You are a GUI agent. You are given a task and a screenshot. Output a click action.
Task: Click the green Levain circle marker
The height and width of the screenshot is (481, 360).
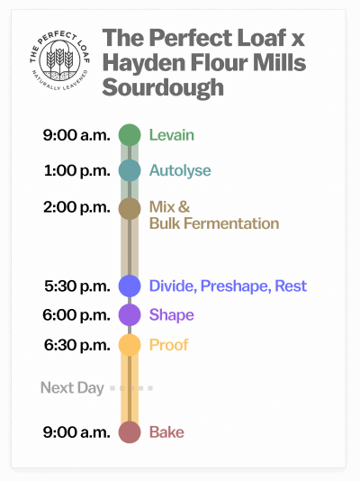point(130,135)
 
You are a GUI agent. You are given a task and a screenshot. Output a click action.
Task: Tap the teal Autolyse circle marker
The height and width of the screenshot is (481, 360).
point(130,170)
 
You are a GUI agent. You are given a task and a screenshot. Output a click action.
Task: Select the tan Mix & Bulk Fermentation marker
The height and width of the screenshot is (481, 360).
point(130,208)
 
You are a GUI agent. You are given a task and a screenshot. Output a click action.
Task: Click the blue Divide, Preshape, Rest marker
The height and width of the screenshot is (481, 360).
point(130,286)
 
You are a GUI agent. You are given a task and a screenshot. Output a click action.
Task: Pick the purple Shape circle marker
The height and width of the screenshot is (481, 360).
point(130,315)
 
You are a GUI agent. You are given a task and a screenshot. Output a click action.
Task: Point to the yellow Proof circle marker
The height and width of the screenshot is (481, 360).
point(130,345)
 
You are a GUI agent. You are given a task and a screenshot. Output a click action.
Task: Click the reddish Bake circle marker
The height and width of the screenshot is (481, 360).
point(130,432)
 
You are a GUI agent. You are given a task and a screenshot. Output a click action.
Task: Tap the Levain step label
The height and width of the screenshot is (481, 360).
point(172,135)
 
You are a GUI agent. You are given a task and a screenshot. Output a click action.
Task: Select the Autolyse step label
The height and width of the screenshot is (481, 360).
point(180,170)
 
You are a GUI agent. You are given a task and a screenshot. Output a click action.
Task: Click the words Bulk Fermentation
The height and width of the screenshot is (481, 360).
point(214,223)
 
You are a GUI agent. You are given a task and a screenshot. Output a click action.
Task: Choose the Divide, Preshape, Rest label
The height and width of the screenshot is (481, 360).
point(228,286)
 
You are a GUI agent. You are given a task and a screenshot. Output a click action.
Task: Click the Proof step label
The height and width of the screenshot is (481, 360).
point(169,345)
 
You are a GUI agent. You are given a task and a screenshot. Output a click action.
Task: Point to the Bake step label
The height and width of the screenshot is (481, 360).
point(166,432)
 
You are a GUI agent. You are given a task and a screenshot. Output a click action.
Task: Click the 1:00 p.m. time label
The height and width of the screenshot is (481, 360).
point(76,170)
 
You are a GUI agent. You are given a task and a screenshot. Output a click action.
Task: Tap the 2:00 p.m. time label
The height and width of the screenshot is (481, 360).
point(76,207)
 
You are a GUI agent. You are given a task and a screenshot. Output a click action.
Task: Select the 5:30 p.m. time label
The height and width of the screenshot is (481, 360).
point(76,286)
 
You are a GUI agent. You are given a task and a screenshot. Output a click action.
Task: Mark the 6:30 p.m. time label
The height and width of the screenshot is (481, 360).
point(76,345)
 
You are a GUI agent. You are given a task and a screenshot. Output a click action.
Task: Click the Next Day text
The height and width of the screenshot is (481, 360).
point(72,388)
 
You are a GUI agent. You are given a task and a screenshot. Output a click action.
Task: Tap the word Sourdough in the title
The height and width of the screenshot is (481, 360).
point(163,88)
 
